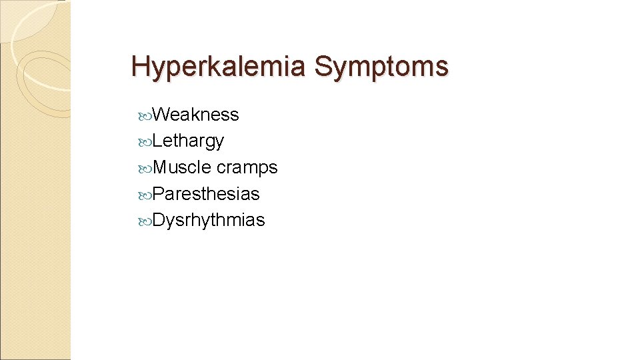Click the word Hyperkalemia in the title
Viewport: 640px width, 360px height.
pos(219,67)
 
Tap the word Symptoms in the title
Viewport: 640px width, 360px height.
pos(381,67)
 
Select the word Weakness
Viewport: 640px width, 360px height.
pos(195,115)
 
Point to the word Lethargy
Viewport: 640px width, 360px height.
pos(188,141)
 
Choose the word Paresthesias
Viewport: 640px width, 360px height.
pos(206,194)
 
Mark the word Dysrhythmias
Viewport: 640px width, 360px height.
pos(209,221)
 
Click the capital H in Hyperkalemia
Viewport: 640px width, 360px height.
pos(140,67)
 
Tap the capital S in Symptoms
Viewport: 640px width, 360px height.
pos(323,67)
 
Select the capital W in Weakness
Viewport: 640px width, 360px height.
pos(163,115)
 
